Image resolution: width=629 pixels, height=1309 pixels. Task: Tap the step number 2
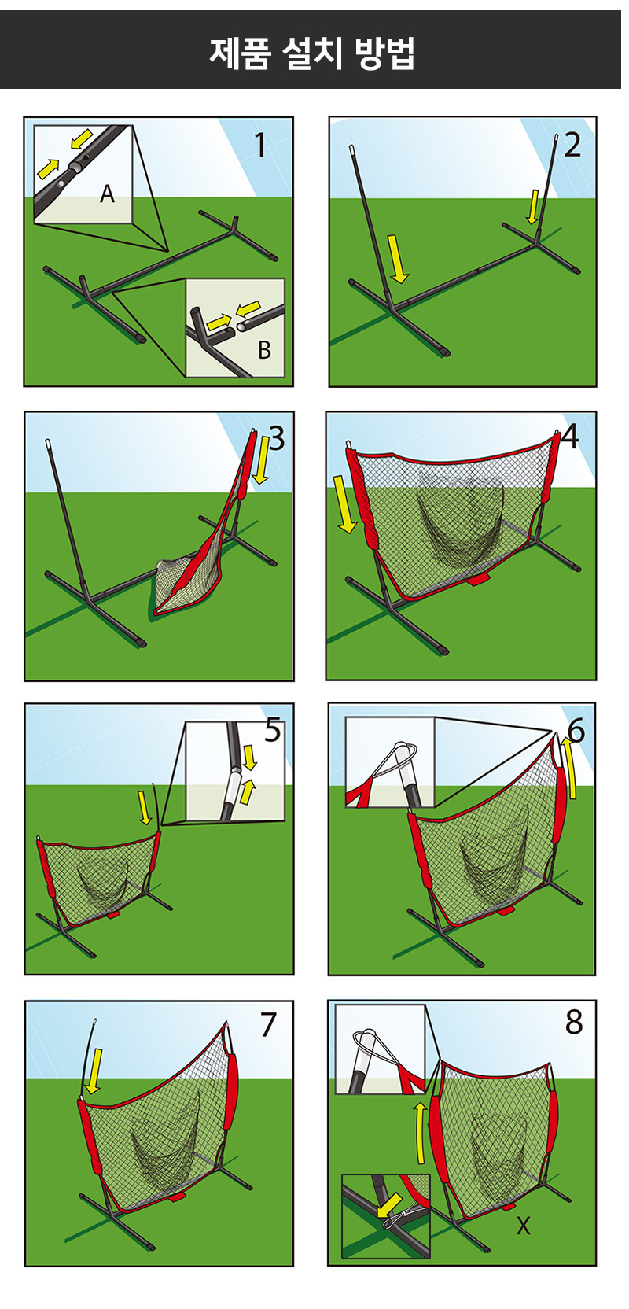572,145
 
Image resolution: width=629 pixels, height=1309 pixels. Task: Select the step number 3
277,438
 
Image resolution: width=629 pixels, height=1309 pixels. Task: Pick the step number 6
576,731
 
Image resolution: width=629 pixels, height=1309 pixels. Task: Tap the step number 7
268,1024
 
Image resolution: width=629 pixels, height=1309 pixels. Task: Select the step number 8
574,1022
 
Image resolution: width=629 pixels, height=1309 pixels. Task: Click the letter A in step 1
107,194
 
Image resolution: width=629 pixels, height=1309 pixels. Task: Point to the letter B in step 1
264,350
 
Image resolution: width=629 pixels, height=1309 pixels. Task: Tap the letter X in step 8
524,1226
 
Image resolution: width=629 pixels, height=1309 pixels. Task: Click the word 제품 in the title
240,53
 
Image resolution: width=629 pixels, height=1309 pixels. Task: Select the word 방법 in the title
385,53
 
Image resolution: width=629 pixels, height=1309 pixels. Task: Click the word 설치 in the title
312,53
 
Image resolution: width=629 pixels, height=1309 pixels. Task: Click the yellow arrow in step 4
344,503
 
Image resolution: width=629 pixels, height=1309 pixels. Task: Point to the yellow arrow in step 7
94,1071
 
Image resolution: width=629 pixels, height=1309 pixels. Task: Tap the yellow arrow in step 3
262,460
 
